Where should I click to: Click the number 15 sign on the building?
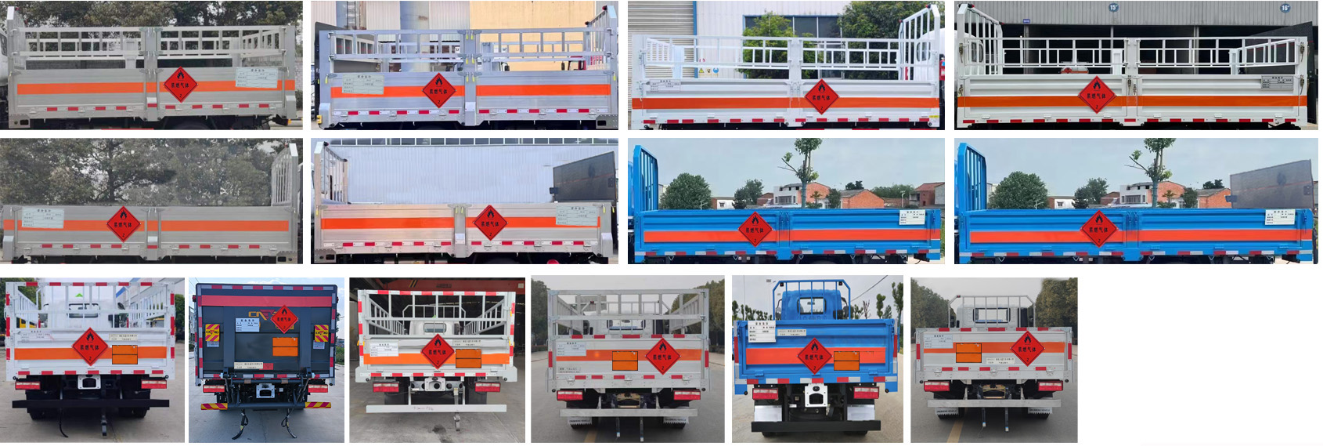[x=1112, y=8]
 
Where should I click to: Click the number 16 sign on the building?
[x=1285, y=8]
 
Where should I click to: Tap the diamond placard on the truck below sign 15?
[x=1096, y=95]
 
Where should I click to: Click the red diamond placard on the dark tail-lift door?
[x=284, y=317]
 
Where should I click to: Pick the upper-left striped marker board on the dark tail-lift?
[x=212, y=335]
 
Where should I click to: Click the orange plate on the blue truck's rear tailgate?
[x=846, y=361]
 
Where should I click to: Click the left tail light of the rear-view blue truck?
[x=763, y=392]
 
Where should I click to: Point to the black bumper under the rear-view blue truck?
[x=814, y=427]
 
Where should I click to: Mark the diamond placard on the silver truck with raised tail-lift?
[x=490, y=223]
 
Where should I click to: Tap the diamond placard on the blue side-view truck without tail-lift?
[x=755, y=228]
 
